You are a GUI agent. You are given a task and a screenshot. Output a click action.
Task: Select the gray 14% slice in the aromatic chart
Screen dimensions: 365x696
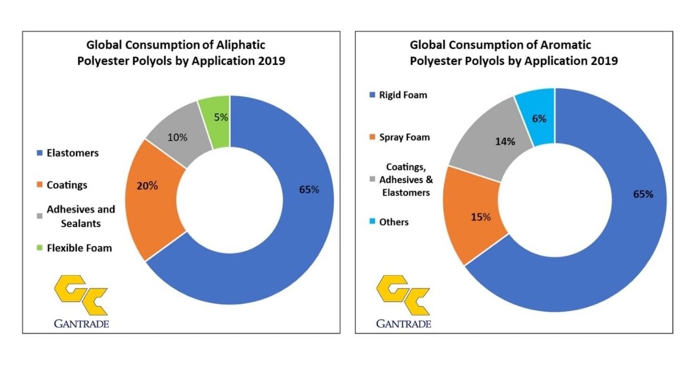click(x=489, y=141)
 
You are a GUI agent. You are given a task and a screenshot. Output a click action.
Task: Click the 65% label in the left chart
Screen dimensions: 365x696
click(x=309, y=190)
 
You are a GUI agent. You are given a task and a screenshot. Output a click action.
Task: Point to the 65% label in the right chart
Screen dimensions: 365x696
click(x=643, y=194)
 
